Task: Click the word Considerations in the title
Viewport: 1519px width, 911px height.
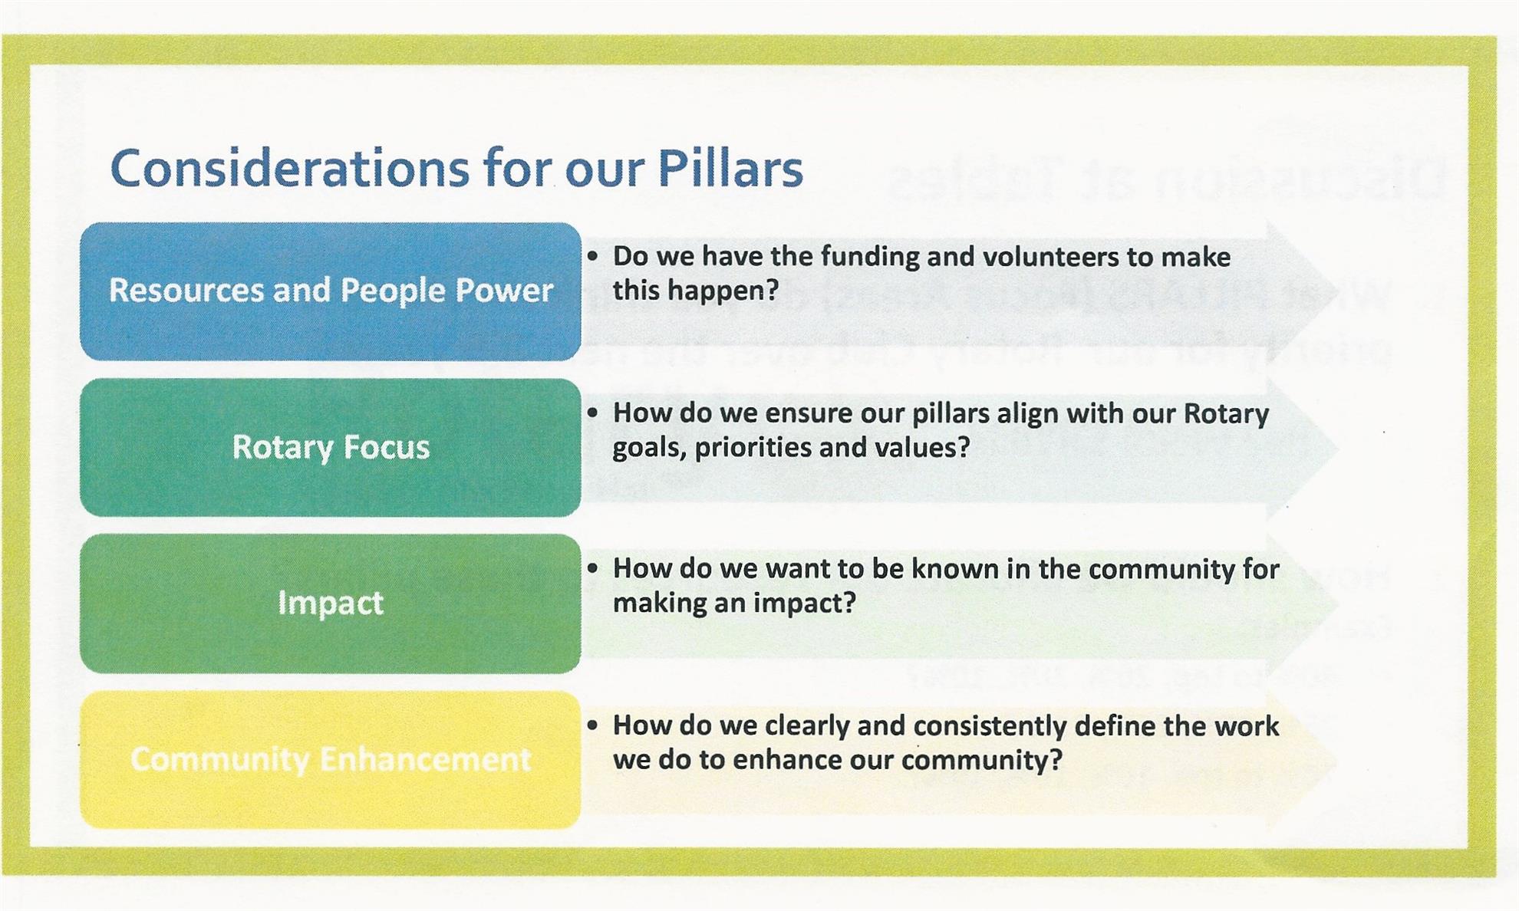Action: coord(289,168)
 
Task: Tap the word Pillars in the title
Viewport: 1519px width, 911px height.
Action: coord(730,168)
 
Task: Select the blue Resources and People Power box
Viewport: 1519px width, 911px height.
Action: coord(331,291)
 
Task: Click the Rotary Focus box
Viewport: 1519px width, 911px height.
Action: coord(331,447)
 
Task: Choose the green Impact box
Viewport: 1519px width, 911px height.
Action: coord(331,603)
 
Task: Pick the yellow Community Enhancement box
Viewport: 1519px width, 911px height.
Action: coord(331,759)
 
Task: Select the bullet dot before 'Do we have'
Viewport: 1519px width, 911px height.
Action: coord(592,256)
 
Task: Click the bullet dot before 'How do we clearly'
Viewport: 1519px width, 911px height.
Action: coord(592,725)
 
